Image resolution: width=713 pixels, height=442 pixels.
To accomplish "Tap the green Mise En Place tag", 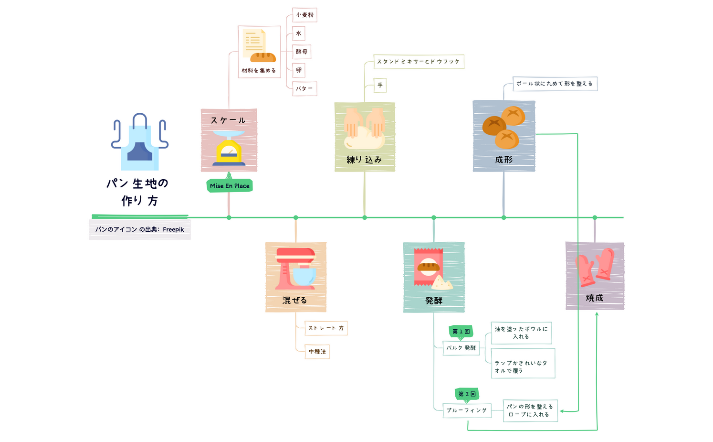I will (230, 186).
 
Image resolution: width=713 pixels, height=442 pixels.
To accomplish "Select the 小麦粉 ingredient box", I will (304, 15).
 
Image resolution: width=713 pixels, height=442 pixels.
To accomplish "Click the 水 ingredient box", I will (299, 33).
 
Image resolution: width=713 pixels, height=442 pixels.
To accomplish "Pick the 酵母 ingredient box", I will (302, 52).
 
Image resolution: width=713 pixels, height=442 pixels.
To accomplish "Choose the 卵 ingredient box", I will (299, 70).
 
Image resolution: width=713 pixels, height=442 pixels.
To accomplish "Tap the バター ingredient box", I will (304, 88).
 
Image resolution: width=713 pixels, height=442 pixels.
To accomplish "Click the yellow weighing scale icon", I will (229, 149).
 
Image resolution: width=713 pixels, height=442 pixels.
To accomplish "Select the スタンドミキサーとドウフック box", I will (418, 62).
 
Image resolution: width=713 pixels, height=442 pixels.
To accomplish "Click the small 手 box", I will (380, 86).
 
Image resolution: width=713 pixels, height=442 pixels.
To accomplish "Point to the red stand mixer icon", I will (295, 269).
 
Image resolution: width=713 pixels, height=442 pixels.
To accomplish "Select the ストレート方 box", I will (326, 328).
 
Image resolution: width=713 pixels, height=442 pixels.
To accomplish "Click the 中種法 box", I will (317, 352).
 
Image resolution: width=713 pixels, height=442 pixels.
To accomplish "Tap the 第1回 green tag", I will (461, 331).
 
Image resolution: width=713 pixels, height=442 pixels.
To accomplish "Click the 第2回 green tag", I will (467, 394).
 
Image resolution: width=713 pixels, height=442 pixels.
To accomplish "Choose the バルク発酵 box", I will (461, 348).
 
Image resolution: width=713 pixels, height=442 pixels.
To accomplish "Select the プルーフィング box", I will (467, 410).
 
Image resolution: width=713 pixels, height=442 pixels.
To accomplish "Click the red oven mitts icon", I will (595, 267).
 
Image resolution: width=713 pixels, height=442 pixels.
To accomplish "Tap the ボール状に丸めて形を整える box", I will (555, 84).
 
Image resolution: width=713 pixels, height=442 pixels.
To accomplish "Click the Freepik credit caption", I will (140, 229).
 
